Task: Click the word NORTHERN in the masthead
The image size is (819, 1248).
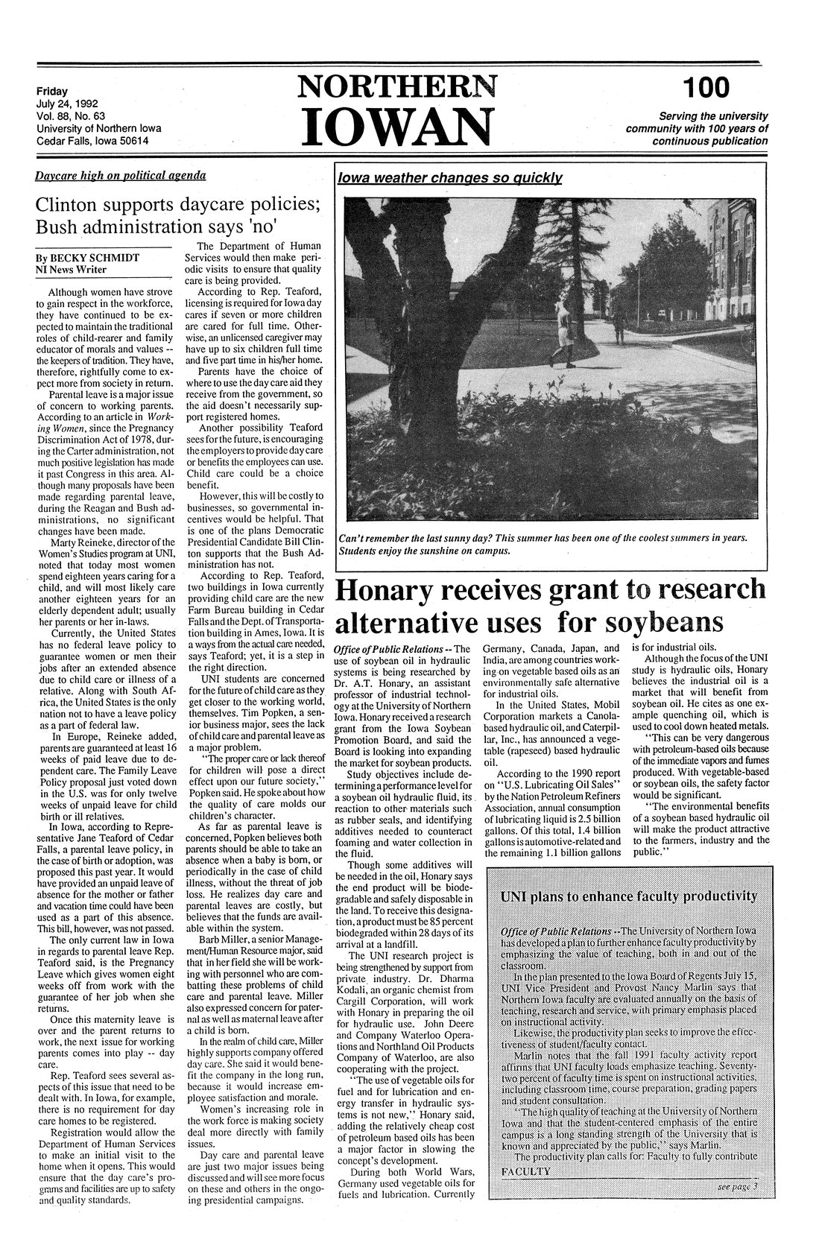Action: (396, 89)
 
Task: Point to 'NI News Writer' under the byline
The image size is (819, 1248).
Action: (72, 270)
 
